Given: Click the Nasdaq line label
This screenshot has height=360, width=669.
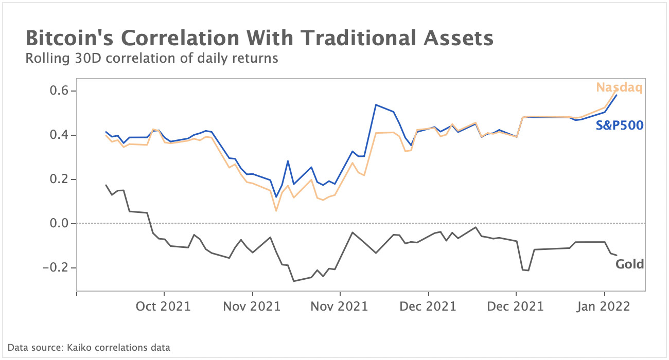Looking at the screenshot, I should (619, 87).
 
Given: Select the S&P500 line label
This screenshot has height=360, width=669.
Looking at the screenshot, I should (620, 125).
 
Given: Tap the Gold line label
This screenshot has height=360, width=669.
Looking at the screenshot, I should (629, 264).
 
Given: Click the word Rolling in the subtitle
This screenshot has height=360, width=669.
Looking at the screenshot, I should (44, 59).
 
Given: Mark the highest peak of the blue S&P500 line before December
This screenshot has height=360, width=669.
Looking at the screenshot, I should (376, 105).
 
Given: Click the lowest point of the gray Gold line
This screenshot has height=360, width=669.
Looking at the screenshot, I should (293, 281).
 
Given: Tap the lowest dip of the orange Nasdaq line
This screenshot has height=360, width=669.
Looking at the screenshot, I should (276, 211).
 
